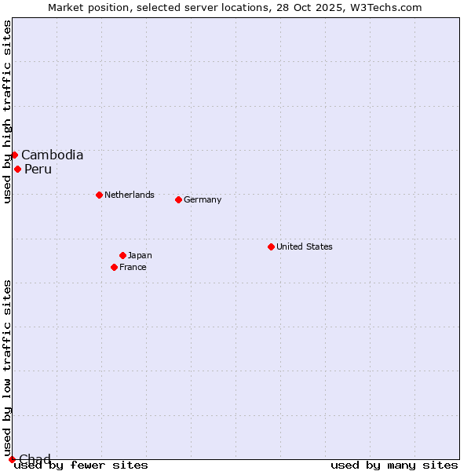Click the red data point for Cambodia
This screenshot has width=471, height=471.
pos(14,155)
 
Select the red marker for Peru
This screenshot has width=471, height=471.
pos(17,169)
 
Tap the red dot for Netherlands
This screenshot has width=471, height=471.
pos(99,195)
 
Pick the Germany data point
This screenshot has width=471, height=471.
pos(178,199)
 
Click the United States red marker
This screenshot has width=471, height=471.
pos(271,246)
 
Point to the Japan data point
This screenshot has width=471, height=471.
pos(122,255)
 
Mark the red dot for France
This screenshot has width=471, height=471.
pos(114,267)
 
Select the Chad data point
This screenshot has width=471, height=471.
pos(12,459)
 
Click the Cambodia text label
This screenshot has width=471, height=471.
pos(52,155)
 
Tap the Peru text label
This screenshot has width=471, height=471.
pos(38,170)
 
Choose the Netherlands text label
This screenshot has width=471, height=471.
pos(130,195)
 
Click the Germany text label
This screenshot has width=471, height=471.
pos(203,199)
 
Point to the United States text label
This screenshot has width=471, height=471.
pos(305,246)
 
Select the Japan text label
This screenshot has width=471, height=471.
pos(140,255)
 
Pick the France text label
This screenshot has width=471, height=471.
pos(133,267)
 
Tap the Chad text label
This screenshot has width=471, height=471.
pos(35,459)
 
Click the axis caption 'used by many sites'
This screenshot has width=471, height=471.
pos(394,466)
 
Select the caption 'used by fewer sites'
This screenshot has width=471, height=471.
pos(82,466)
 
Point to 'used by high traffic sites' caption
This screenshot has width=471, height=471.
pos(8,111)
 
